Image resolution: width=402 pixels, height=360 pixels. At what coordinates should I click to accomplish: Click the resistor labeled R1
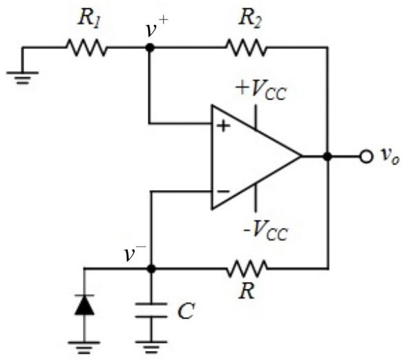coord(86,48)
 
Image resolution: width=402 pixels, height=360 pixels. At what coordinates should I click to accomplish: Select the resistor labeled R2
coord(246,48)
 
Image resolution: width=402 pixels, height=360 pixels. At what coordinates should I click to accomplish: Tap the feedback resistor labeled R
coord(247,269)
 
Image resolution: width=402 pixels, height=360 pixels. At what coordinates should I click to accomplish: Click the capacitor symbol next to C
coord(151,310)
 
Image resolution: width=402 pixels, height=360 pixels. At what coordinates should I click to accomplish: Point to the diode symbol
coord(84,305)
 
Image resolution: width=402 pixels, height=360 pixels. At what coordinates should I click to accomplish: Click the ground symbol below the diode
coord(84,348)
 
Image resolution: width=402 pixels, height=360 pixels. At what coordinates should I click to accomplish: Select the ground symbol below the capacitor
coord(151,347)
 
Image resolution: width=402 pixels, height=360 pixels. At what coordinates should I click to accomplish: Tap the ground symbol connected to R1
coord(22,77)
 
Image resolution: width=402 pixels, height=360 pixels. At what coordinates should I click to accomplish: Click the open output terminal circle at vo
coord(366,156)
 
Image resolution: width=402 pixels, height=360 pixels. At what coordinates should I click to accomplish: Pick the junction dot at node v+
coord(150,48)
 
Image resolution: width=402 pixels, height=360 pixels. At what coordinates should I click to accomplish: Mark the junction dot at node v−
coord(151,269)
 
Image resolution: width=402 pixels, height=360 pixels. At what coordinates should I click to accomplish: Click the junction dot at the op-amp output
coord(327,156)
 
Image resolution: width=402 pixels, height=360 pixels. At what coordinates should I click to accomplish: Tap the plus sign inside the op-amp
coord(224,126)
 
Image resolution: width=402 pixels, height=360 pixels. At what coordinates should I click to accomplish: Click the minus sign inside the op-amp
coord(224,191)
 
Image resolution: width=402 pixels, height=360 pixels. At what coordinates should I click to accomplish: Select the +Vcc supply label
coord(261,90)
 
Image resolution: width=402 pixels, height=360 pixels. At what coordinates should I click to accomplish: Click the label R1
coord(88,19)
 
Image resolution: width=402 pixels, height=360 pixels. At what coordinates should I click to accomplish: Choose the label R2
coord(250,19)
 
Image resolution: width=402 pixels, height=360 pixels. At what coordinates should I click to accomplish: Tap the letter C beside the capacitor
coord(186,311)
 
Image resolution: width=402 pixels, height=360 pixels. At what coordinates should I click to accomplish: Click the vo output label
coord(390,156)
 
